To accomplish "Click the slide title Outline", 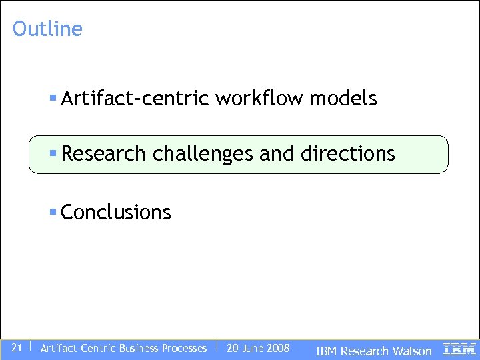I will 47,29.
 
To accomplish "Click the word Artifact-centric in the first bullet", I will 136,99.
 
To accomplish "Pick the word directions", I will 348,153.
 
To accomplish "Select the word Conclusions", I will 116,212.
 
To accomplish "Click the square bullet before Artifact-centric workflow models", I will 53,98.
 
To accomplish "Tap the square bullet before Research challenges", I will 53,153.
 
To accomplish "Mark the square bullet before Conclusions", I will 53,211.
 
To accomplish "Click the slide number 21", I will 17,347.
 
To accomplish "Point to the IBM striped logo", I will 459,348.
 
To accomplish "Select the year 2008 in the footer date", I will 277,348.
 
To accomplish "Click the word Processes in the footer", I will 182,348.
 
